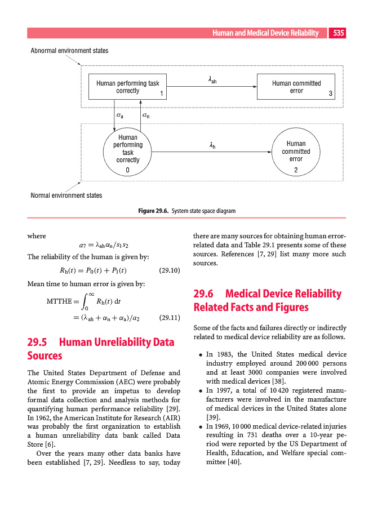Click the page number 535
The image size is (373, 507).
[x=338, y=33]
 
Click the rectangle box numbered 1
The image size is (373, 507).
[x=128, y=87]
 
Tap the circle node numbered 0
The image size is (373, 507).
[x=128, y=152]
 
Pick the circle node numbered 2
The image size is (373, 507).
[x=296, y=152]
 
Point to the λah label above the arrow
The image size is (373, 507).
[x=212, y=81]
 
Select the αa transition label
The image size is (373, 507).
[x=120, y=115]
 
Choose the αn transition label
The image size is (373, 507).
[x=146, y=115]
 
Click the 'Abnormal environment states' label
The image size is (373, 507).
[x=69, y=51]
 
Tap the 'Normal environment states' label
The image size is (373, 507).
[x=66, y=195]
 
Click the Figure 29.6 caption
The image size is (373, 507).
[x=186, y=211]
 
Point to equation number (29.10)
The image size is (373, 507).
[x=170, y=270]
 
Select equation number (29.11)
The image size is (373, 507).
[x=170, y=317]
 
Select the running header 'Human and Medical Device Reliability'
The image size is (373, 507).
[x=265, y=33]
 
